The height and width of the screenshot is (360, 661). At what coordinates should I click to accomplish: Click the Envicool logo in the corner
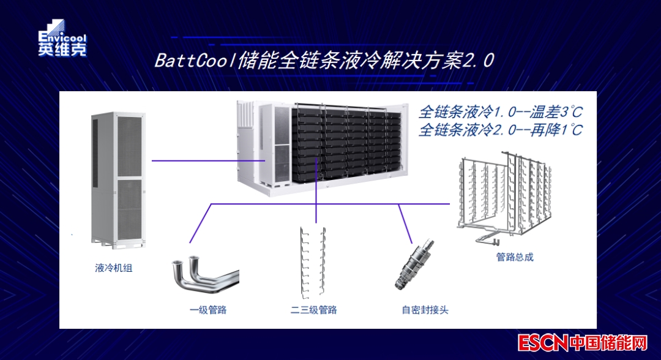pos(62,39)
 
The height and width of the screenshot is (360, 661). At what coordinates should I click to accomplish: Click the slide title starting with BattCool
pos(324,61)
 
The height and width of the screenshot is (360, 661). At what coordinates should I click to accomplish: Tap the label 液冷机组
pos(113,268)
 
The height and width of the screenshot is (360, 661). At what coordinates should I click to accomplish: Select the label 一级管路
pos(208,310)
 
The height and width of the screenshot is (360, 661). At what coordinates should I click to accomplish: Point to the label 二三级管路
pos(313,310)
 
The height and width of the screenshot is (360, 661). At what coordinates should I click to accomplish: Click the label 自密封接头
pos(425,310)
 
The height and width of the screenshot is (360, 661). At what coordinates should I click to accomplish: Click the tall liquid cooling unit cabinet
pos(118,181)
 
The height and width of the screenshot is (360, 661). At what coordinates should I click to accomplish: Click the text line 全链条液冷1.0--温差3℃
pos(500,113)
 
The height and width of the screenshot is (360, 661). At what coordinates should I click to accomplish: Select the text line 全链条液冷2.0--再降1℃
pos(500,130)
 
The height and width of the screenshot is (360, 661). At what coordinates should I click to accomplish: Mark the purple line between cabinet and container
pos(208,161)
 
